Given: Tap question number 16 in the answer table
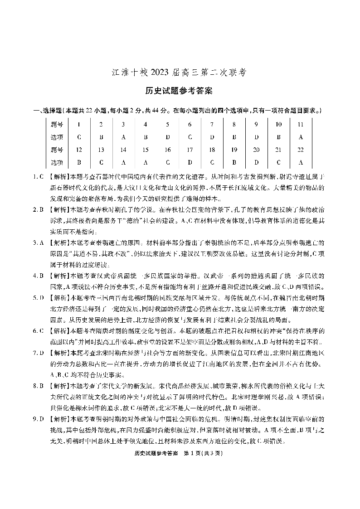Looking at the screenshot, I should click(x=167, y=149).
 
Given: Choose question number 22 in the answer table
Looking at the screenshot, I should click(x=301, y=149).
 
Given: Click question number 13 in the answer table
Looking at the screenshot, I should click(x=101, y=149).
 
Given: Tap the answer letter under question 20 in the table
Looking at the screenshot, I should click(x=256, y=162).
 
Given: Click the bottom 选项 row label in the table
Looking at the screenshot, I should click(x=57, y=162).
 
